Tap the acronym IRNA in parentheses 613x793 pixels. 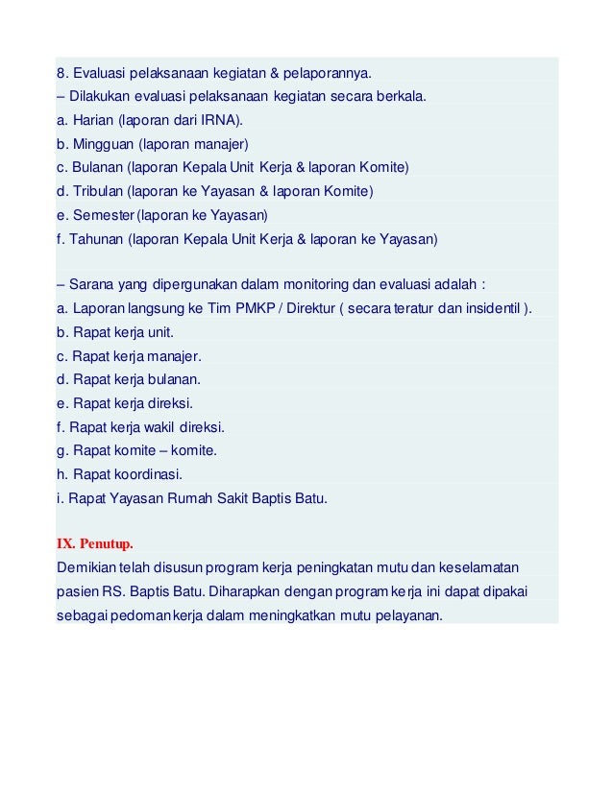click(x=223, y=121)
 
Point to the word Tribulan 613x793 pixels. click(x=98, y=191)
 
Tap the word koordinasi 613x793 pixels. click(x=145, y=473)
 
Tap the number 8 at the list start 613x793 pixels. click(x=61, y=74)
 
